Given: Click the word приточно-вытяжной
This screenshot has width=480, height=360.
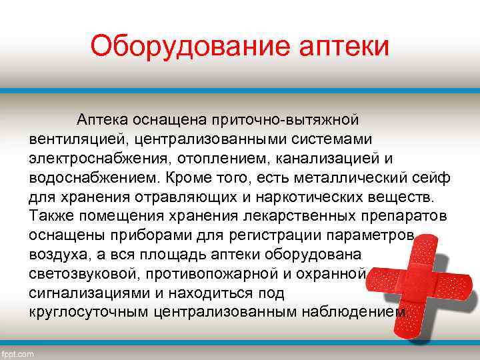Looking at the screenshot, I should point(285,119).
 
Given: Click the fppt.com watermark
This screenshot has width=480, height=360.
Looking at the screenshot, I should point(18,354).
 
